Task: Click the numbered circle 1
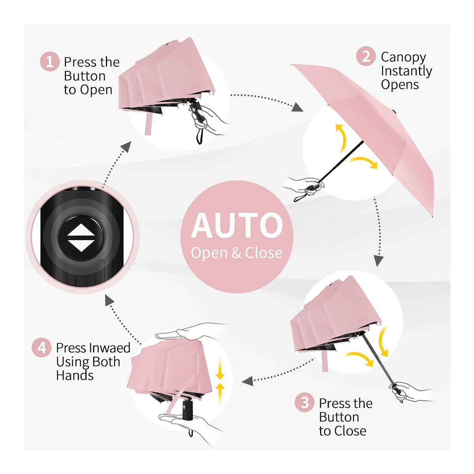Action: (50, 62)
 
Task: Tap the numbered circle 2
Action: (366, 56)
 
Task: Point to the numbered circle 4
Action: (41, 348)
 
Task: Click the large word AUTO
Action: (237, 226)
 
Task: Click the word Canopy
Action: (403, 58)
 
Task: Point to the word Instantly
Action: (406, 71)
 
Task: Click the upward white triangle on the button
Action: (81, 230)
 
